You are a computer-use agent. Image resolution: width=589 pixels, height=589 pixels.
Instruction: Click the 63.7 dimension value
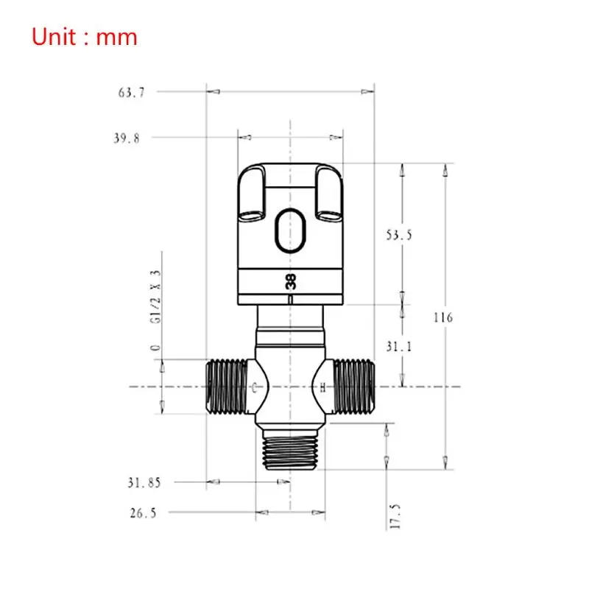pos(128,92)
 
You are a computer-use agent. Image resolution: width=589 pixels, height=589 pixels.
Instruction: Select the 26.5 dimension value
pos(142,513)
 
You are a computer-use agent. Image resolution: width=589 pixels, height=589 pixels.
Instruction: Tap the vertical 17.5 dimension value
pos(395,516)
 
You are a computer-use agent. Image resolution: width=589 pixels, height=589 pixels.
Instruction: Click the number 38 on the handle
pos(291,281)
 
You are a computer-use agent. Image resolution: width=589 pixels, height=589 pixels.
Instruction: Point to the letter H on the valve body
pos(322,387)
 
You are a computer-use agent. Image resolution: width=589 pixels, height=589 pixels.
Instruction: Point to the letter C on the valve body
pos(255,387)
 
